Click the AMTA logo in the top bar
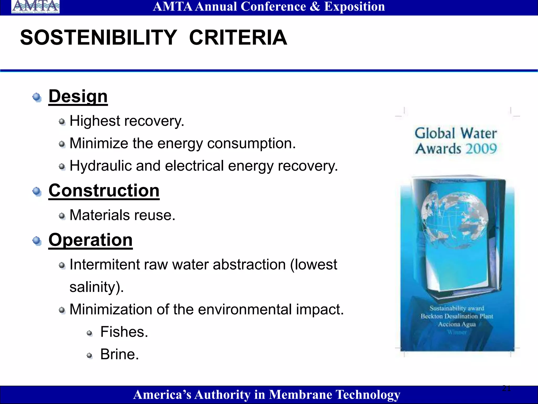(x=35, y=7)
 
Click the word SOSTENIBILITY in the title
(x=99, y=38)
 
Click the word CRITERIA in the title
(x=238, y=38)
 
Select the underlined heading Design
(x=78, y=96)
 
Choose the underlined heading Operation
(x=91, y=240)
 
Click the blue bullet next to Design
(x=37, y=97)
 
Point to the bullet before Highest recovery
(x=62, y=122)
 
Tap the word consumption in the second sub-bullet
(x=251, y=144)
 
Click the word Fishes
(x=124, y=332)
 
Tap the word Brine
(x=119, y=354)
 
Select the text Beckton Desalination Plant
(x=457, y=316)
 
